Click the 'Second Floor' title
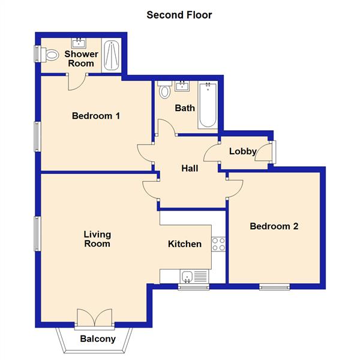coord(179,14)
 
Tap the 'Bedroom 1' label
coord(96,116)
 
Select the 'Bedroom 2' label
coord(274,226)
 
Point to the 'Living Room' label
coord(97,239)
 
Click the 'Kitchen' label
coord(184,244)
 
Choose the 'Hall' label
coord(190,169)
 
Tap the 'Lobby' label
coord(243,151)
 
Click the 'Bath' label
coord(184,109)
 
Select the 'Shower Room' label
coord(82,59)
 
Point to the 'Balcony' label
coord(98,339)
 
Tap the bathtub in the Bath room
coord(208,106)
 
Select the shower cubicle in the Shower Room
coord(112,56)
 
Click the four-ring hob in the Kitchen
coord(218,244)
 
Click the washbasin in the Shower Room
coord(79,43)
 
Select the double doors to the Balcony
coord(95,319)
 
